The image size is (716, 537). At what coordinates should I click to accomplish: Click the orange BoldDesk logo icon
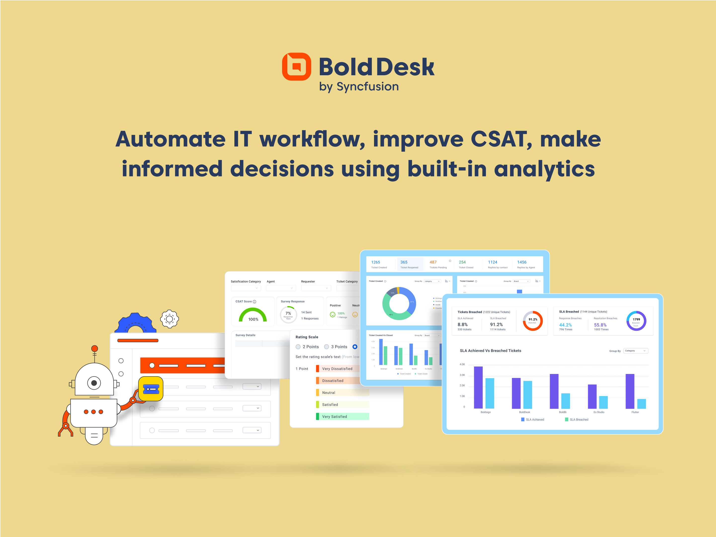pos(296,67)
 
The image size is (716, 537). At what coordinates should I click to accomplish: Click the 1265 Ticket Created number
pos(376,262)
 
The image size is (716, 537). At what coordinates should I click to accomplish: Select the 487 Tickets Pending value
pos(433,262)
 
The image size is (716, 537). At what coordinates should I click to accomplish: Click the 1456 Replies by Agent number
pos(522,262)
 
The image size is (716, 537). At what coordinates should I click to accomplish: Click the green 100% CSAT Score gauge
pos(253,315)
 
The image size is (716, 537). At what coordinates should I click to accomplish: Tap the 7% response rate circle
pos(288,314)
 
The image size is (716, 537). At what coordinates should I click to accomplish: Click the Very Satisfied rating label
pos(334,416)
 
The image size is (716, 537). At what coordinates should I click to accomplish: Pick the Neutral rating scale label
pos(329,393)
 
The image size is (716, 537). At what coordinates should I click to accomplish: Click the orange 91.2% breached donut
pos(533,321)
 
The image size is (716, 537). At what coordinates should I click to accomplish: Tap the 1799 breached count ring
pos(636,321)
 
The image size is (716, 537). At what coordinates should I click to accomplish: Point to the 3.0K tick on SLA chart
pos(462,375)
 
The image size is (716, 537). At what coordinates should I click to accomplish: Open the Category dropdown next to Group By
pos(636,351)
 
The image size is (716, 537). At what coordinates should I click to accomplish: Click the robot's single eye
pos(94,383)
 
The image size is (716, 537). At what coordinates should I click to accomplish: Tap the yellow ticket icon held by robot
pos(151,389)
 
